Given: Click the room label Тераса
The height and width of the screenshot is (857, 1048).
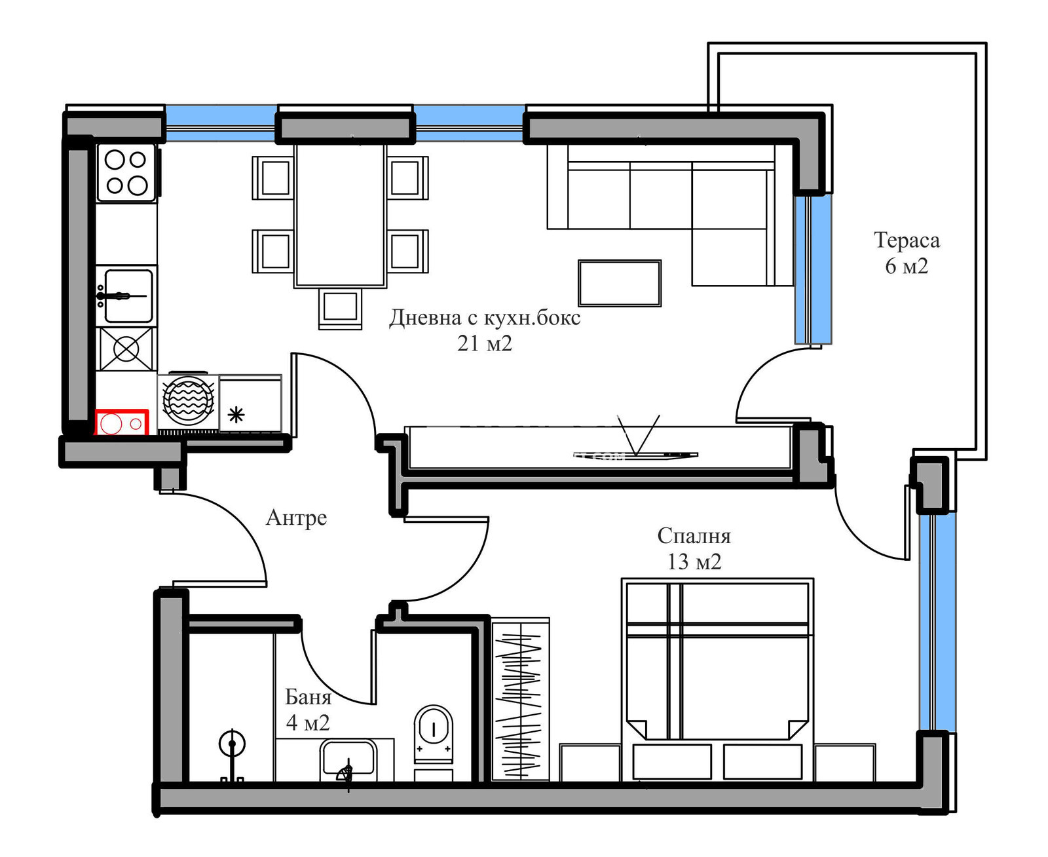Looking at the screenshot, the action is pyautogui.click(x=907, y=240).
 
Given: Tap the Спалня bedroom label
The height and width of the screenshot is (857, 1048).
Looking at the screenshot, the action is pyautogui.click(x=694, y=537).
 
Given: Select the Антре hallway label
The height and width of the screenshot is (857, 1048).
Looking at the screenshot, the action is pyautogui.click(x=296, y=518).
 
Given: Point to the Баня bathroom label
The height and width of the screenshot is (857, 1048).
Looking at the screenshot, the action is pyautogui.click(x=308, y=697).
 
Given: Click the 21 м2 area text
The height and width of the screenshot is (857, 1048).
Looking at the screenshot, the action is pyautogui.click(x=485, y=343).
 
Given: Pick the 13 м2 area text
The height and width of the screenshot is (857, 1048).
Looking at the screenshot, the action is pyautogui.click(x=694, y=562).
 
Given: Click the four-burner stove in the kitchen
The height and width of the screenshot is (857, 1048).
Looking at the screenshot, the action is pyautogui.click(x=126, y=172).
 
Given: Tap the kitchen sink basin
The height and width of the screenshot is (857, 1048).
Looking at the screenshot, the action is pyautogui.click(x=127, y=295).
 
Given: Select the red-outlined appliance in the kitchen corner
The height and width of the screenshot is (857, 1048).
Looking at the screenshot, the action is pyautogui.click(x=122, y=422).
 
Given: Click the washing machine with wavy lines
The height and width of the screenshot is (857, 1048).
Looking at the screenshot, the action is pyautogui.click(x=188, y=400).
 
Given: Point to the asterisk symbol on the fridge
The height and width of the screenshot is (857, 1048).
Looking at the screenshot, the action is pyautogui.click(x=236, y=415).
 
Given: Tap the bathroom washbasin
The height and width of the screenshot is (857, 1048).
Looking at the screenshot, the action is pyautogui.click(x=348, y=757).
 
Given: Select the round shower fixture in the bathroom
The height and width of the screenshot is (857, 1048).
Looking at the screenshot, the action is pyautogui.click(x=232, y=744).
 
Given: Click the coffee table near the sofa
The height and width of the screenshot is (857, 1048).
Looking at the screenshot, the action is pyautogui.click(x=619, y=283).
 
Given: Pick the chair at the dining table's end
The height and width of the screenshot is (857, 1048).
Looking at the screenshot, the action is pyautogui.click(x=340, y=308).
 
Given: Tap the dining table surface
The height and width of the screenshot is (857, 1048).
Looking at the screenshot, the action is pyautogui.click(x=340, y=216).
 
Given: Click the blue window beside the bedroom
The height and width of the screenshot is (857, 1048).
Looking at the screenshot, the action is pyautogui.click(x=936, y=621).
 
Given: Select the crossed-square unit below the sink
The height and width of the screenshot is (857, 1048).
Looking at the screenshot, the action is pyautogui.click(x=126, y=349).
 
